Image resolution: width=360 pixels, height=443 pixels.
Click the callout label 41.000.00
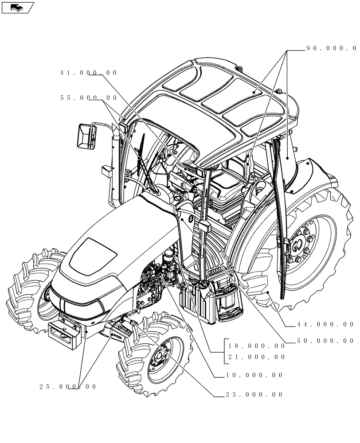click(x=89, y=73)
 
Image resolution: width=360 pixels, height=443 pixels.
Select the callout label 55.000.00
click(x=89, y=98)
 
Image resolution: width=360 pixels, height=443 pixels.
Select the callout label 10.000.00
click(x=254, y=375)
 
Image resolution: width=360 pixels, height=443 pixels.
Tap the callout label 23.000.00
click(x=254, y=395)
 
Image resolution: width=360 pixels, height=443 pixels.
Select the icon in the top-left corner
click(x=18, y=7)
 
